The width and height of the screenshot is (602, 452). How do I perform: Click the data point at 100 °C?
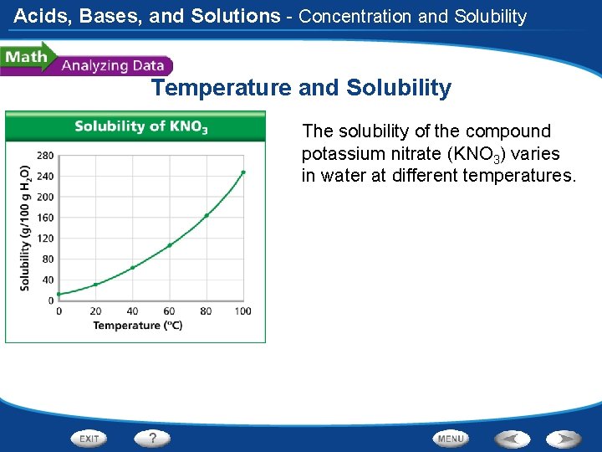pyautogui.click(x=243, y=172)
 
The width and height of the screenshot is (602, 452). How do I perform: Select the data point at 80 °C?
pyautogui.click(x=207, y=215)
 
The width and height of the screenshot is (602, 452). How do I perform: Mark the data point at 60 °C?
pyautogui.click(x=170, y=245)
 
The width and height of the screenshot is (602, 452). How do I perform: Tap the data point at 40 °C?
pyautogui.click(x=132, y=268)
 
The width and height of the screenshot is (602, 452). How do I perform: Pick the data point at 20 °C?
pyautogui.click(x=95, y=285)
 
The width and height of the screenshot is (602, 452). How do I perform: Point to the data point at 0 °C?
pyautogui.click(x=59, y=294)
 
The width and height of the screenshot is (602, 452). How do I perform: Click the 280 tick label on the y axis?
pyautogui.click(x=45, y=156)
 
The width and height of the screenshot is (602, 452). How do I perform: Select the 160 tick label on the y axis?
pyautogui.click(x=45, y=218)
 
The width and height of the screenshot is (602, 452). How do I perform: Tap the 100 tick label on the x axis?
pyautogui.click(x=243, y=311)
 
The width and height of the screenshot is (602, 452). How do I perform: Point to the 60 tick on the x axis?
pyautogui.click(x=170, y=311)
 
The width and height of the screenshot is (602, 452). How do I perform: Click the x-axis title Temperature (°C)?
pyautogui.click(x=137, y=326)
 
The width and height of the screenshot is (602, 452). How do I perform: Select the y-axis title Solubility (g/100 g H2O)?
pyautogui.click(x=25, y=228)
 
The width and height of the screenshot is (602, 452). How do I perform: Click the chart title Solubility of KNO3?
pyautogui.click(x=141, y=126)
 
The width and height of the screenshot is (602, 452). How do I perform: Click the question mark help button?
pyautogui.click(x=153, y=438)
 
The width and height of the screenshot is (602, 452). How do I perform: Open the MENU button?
pyautogui.click(x=451, y=439)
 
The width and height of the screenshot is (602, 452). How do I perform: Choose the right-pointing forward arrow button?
pyautogui.click(x=564, y=439)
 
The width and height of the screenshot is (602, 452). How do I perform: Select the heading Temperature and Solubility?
pyautogui.click(x=301, y=88)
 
